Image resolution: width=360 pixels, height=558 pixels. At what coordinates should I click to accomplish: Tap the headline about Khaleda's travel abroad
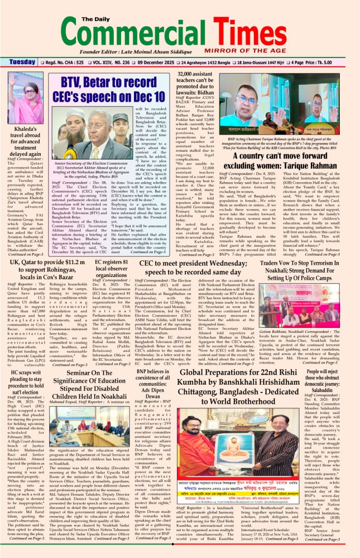tap(25, 141)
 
